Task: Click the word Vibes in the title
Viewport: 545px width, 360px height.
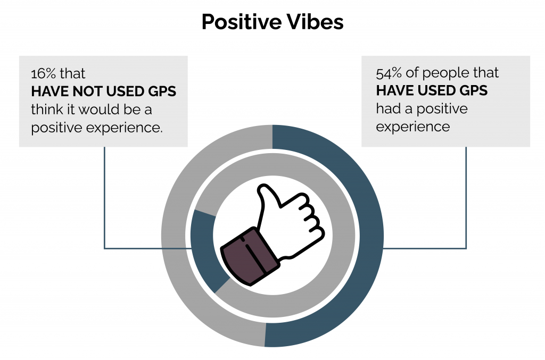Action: coord(315,22)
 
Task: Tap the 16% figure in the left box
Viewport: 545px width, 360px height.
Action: coord(43,73)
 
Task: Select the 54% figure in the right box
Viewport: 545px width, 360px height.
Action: coord(389,73)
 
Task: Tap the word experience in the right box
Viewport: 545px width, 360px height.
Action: coord(413,127)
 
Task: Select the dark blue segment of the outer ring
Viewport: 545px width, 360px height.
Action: coord(365,236)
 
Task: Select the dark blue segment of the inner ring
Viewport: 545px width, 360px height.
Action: coord(203,248)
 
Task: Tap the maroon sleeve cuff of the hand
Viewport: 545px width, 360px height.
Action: coord(250,257)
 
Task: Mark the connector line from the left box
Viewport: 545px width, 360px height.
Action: coord(105,208)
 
